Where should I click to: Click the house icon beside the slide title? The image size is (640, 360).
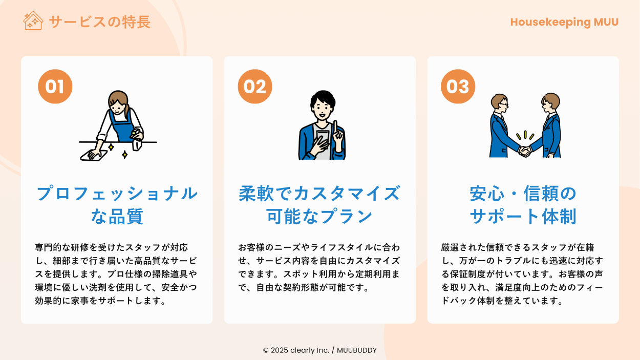point(33,20)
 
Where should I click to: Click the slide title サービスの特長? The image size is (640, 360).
point(100,22)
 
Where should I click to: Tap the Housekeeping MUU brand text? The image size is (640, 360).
point(564,23)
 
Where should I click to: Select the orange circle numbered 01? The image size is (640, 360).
point(55,86)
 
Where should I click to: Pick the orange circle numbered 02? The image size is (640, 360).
point(255,86)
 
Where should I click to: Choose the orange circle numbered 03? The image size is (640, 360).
point(458,86)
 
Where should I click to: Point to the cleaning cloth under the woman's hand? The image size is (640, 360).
point(93,155)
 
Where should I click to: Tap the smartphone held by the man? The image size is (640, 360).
point(323,139)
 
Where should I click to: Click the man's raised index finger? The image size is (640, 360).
point(335,127)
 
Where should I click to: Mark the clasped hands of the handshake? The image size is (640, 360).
point(525,151)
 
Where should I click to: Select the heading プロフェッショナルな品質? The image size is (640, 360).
point(117,204)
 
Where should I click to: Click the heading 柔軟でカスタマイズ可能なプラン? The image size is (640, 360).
point(319,204)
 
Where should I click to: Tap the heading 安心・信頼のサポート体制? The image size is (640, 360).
point(523,204)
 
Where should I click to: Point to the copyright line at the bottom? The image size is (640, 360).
point(319,350)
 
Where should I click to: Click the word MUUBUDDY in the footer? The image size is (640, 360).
point(357,350)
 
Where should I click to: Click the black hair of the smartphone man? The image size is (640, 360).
point(323,98)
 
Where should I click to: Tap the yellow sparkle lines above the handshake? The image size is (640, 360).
point(525,135)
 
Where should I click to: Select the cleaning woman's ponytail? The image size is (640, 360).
point(127,112)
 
